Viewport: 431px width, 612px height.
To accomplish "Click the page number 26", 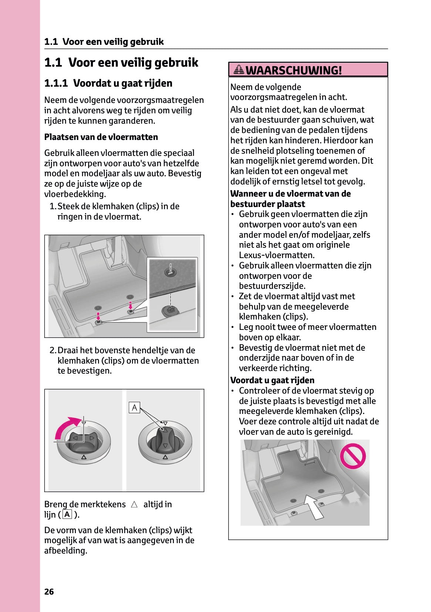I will click(49, 592).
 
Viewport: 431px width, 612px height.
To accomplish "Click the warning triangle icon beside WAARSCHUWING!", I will click(239, 69).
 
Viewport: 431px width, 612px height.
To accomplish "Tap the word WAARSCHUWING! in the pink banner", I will click(294, 70).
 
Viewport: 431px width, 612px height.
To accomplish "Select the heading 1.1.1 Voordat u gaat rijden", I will click(108, 83).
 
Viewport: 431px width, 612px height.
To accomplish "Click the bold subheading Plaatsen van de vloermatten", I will click(101, 137).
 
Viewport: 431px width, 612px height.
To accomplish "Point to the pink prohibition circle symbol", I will click(353, 456).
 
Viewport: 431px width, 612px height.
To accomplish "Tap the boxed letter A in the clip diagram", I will click(134, 408).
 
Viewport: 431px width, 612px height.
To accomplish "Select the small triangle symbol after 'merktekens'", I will click(134, 504).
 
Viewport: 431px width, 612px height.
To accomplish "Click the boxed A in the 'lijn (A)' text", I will click(67, 514).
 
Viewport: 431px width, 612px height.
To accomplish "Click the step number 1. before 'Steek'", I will click(53, 206).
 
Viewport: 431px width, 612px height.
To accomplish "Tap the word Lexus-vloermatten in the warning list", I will click(277, 255).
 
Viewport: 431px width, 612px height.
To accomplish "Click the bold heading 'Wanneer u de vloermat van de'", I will click(290, 194).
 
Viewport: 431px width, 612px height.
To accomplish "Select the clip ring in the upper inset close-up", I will click(171, 273).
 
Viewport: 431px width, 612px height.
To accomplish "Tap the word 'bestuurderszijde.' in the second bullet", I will click(272, 286).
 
